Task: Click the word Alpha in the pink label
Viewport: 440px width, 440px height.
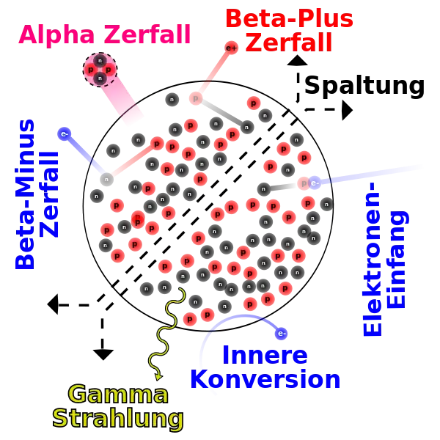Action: pyautogui.click(x=56, y=35)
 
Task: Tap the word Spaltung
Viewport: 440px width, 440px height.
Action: pyautogui.click(x=364, y=87)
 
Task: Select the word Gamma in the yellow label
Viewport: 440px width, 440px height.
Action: pyautogui.click(x=118, y=395)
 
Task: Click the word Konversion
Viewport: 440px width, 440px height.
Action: pyautogui.click(x=265, y=379)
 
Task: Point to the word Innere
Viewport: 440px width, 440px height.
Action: pyautogui.click(x=265, y=355)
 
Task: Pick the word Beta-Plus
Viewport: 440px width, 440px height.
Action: pyautogui.click(x=290, y=18)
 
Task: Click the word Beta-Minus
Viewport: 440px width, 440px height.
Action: pyautogui.click(x=25, y=194)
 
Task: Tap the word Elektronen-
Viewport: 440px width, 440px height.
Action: pyautogui.click(x=372, y=259)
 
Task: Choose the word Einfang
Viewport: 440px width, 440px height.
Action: pyautogui.click(x=397, y=260)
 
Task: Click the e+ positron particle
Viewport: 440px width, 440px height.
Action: pyautogui.click(x=231, y=48)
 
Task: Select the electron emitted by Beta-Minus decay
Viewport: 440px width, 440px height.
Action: pyautogui.click(x=65, y=134)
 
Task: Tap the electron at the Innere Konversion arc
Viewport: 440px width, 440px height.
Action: pyautogui.click(x=281, y=334)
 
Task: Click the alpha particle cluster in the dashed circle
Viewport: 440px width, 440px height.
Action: pyautogui.click(x=100, y=70)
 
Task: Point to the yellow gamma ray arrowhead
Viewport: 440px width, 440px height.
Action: pyautogui.click(x=159, y=377)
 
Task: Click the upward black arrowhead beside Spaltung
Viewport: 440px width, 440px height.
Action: pyautogui.click(x=298, y=60)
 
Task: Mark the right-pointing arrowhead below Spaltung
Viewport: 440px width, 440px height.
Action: pyautogui.click(x=348, y=110)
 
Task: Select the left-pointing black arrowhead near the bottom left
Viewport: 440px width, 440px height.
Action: pyautogui.click(x=53, y=304)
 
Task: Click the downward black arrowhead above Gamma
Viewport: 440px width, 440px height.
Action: pyautogui.click(x=103, y=355)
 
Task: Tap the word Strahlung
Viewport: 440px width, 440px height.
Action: pyautogui.click(x=118, y=419)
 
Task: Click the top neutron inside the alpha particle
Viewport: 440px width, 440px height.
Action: pyautogui.click(x=100, y=61)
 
